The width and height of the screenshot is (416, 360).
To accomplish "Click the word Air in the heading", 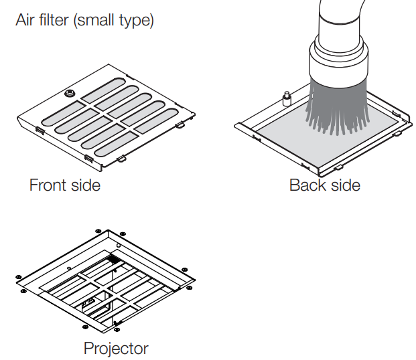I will point(24,21).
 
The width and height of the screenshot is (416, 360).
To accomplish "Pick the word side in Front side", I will point(86,185).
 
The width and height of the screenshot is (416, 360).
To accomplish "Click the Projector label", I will point(116,348).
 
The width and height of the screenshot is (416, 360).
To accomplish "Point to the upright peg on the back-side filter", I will point(285,100).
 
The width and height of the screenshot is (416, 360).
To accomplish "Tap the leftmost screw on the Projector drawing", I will point(18,277).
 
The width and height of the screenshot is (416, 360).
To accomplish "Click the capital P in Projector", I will point(88,348).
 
